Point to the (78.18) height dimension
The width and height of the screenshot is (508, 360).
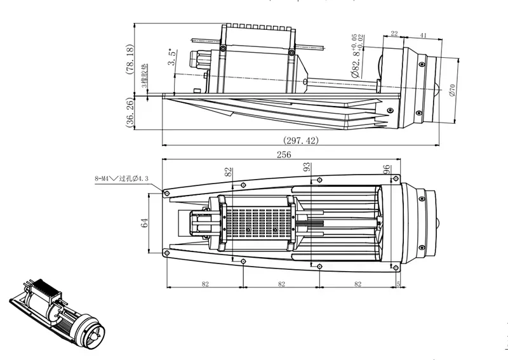[x=130, y=60]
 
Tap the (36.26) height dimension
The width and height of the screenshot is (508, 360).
[x=130, y=113]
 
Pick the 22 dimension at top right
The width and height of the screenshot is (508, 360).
[x=394, y=34]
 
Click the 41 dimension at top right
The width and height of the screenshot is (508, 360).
[x=423, y=34]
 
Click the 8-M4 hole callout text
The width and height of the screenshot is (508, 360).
[x=121, y=180]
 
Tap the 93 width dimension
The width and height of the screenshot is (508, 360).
[x=307, y=168]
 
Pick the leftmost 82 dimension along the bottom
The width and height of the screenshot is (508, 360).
[x=204, y=284]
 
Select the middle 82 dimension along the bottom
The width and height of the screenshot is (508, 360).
[x=281, y=284]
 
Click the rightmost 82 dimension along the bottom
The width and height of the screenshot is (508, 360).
[x=357, y=284]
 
